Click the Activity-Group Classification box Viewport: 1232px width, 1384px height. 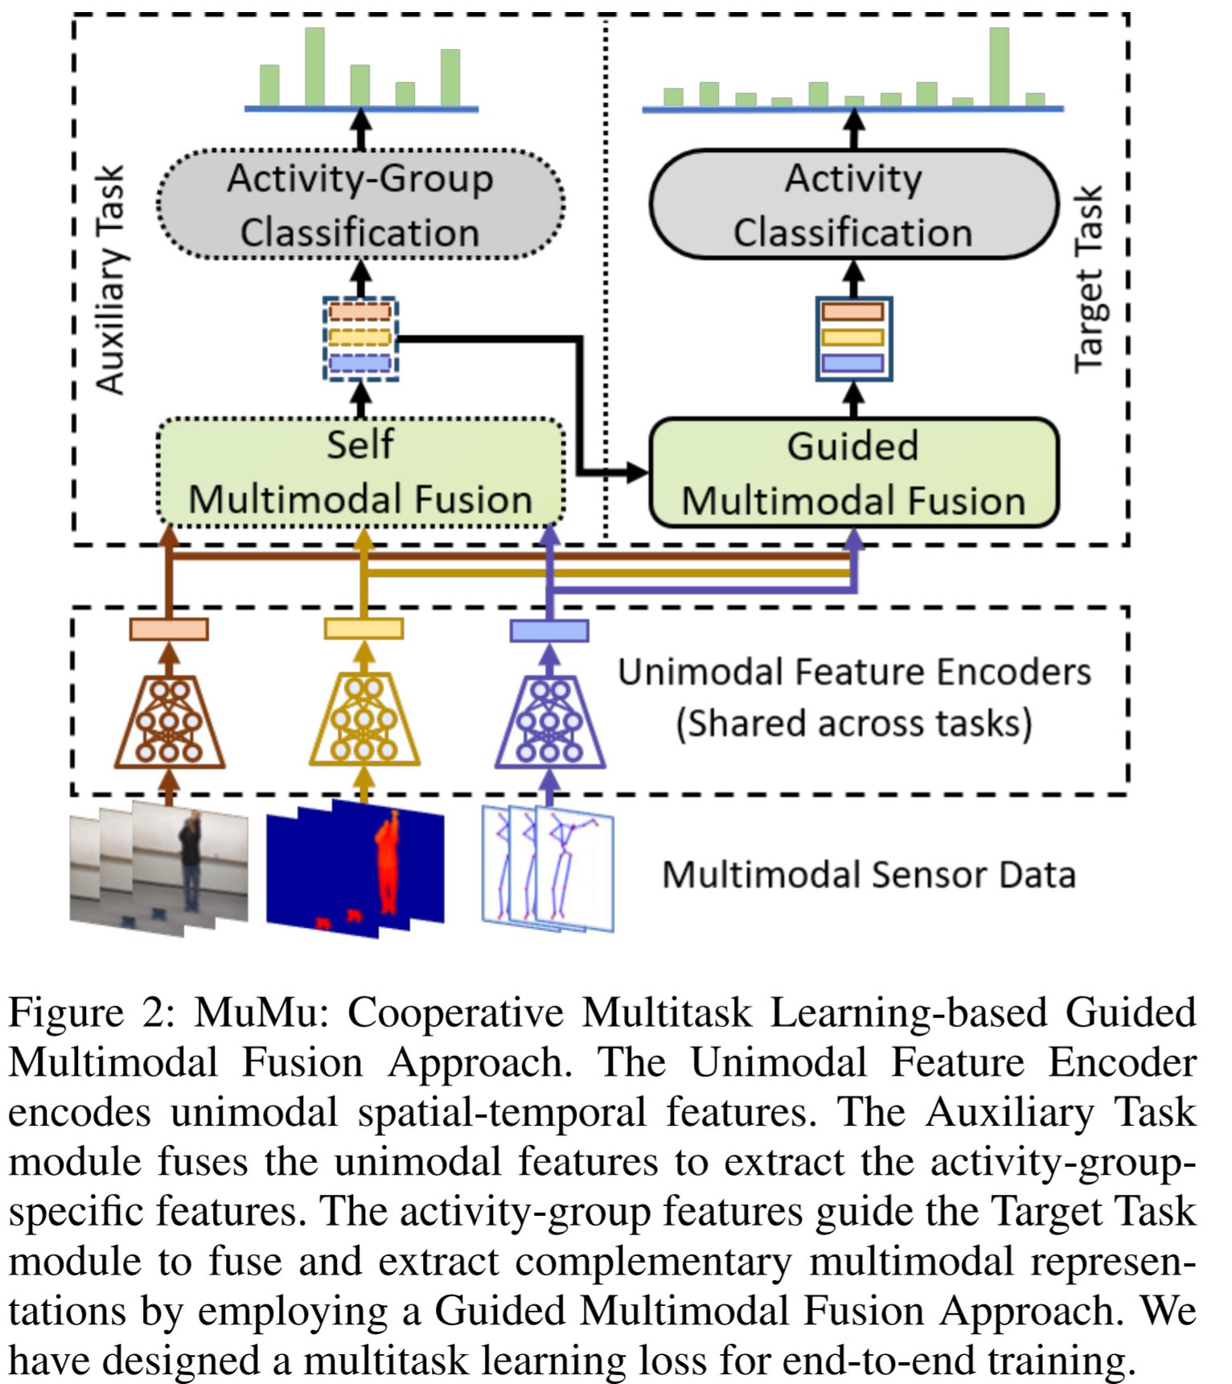pyautogui.click(x=360, y=204)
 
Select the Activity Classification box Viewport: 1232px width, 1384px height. pyautogui.click(x=853, y=204)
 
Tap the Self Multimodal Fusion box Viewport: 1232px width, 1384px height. pyautogui.click(x=360, y=472)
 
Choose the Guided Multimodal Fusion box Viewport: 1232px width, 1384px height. pyautogui.click(x=853, y=473)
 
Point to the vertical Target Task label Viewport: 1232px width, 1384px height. pyautogui.click(x=1089, y=280)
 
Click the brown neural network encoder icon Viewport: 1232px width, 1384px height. pyautogui.click(x=169, y=722)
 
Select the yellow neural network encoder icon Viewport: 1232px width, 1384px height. pyautogui.click(x=364, y=722)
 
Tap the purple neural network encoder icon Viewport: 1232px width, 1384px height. pyautogui.click(x=549, y=722)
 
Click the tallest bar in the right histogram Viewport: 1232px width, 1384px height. pyautogui.click(x=999, y=67)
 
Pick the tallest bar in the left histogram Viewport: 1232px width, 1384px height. pyautogui.click(x=314, y=67)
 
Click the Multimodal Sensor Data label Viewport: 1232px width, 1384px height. pyautogui.click(x=869, y=875)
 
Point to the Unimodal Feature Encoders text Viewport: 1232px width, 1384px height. pyautogui.click(x=854, y=672)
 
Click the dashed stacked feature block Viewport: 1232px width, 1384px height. pyautogui.click(x=360, y=339)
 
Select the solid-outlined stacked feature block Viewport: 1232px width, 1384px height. pyautogui.click(x=854, y=339)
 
